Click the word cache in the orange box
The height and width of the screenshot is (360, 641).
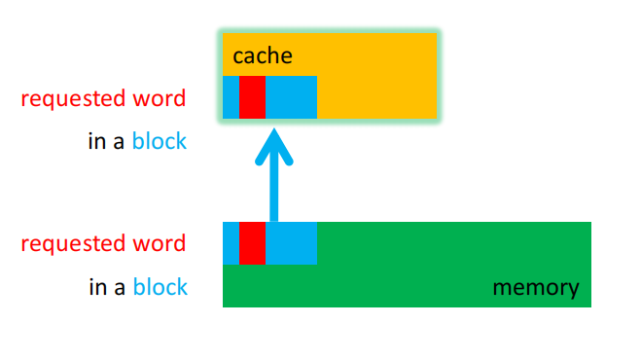pyautogui.click(x=263, y=55)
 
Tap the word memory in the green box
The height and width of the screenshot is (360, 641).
pyautogui.click(x=535, y=288)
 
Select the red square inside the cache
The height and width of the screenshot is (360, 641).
pyautogui.click(x=252, y=97)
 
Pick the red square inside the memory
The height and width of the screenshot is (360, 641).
pyautogui.click(x=252, y=242)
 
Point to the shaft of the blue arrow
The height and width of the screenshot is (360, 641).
pyautogui.click(x=273, y=195)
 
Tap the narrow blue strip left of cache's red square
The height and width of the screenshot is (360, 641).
pyautogui.click(x=231, y=97)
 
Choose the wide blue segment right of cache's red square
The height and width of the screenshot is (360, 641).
pyautogui.click(x=291, y=97)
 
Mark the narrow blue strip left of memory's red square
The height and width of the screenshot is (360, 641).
pyautogui.click(x=231, y=242)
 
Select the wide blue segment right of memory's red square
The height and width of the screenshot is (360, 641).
pyautogui.click(x=291, y=242)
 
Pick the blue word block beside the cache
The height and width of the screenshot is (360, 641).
pyautogui.click(x=160, y=142)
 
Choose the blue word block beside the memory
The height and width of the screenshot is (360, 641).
pyautogui.click(x=160, y=287)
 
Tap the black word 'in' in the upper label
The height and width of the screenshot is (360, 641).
pyautogui.click(x=96, y=142)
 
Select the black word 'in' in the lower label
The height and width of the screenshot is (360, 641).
pyautogui.click(x=96, y=287)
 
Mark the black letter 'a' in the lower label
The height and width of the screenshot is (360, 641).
pyautogui.click(x=120, y=288)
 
